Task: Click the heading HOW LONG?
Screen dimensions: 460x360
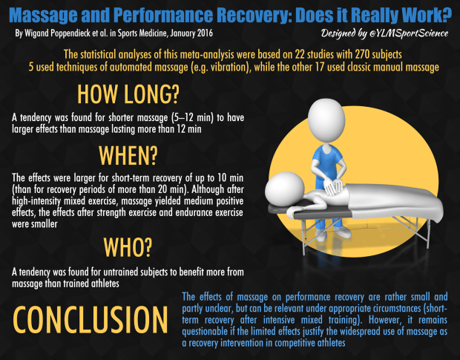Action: coord(128,94)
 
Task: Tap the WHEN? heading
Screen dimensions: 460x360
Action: coord(128,155)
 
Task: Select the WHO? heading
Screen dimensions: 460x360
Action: coord(128,247)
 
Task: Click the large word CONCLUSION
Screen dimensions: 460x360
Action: coord(90,319)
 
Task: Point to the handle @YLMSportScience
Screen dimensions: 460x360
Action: coord(409,33)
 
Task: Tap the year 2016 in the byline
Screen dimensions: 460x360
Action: coord(205,33)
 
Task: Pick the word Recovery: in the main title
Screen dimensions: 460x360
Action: coord(254,15)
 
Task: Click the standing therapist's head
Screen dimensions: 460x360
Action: coord(326,120)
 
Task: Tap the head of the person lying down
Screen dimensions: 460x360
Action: coord(284,189)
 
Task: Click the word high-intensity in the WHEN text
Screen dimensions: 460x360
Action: coord(36,201)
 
